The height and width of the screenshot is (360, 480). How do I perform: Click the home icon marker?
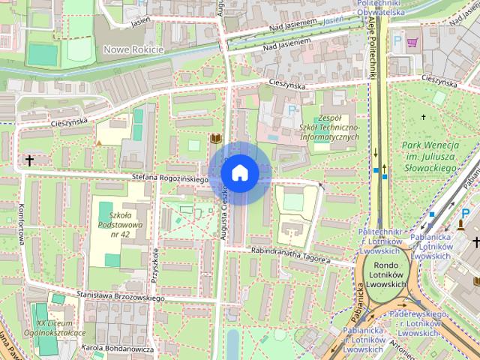tap(239, 172)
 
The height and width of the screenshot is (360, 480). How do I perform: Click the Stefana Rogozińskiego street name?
tap(169, 178)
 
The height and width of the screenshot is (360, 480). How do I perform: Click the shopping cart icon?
tap(412, 43)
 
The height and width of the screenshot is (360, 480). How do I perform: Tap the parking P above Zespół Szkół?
tap(292, 110)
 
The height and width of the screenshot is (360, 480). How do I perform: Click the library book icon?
tap(215, 139)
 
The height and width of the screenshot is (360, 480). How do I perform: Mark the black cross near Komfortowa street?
tap(30, 160)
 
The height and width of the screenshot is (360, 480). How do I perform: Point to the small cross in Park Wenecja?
tap(424, 118)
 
